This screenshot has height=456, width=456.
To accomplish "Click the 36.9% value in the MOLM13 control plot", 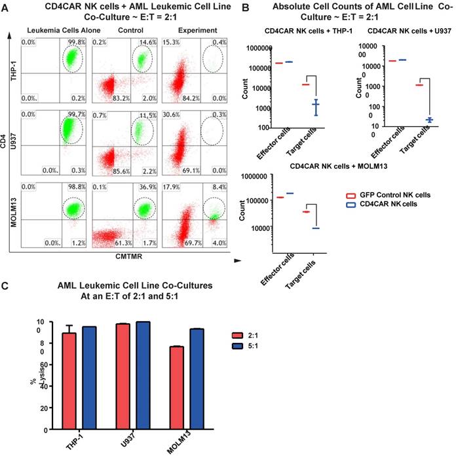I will (x=145, y=188).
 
